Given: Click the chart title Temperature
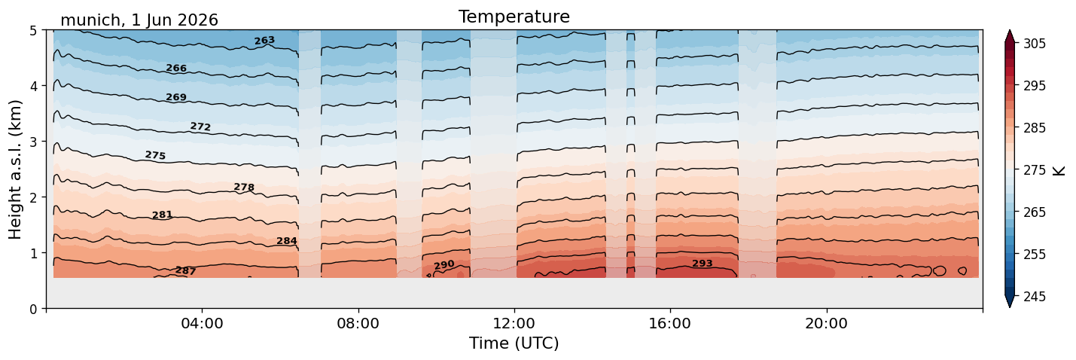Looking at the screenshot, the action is pos(514,17).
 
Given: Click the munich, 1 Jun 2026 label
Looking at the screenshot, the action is pos(139,20).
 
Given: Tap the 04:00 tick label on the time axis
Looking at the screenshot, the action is pos(203,323).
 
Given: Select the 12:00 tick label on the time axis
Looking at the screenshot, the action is pos(514,323).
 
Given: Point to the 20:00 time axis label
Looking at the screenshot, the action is pos(827,323).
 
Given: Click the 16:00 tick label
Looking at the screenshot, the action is pos(670,323).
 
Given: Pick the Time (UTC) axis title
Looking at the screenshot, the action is pos(514,343).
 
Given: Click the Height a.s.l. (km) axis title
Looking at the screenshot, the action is pos(15,169).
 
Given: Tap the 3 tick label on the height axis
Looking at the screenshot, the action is pos(33,142).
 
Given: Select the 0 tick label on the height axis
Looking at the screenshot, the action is pos(33,309).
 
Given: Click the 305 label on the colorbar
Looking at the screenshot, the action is pos(1035,44).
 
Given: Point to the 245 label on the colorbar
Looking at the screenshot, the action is pos(1035,297).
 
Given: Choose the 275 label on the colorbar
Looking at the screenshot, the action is pos(1035,171).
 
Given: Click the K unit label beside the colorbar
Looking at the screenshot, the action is pos(1059,171).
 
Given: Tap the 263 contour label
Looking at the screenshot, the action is pos(265,41).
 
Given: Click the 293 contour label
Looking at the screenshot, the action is pos(703,264).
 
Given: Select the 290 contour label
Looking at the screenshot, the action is pos(444,265).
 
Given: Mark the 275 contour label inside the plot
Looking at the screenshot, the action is pos(155,155).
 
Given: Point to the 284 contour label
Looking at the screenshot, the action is pos(287,241).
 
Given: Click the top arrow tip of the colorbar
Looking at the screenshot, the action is pos(1010,30).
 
